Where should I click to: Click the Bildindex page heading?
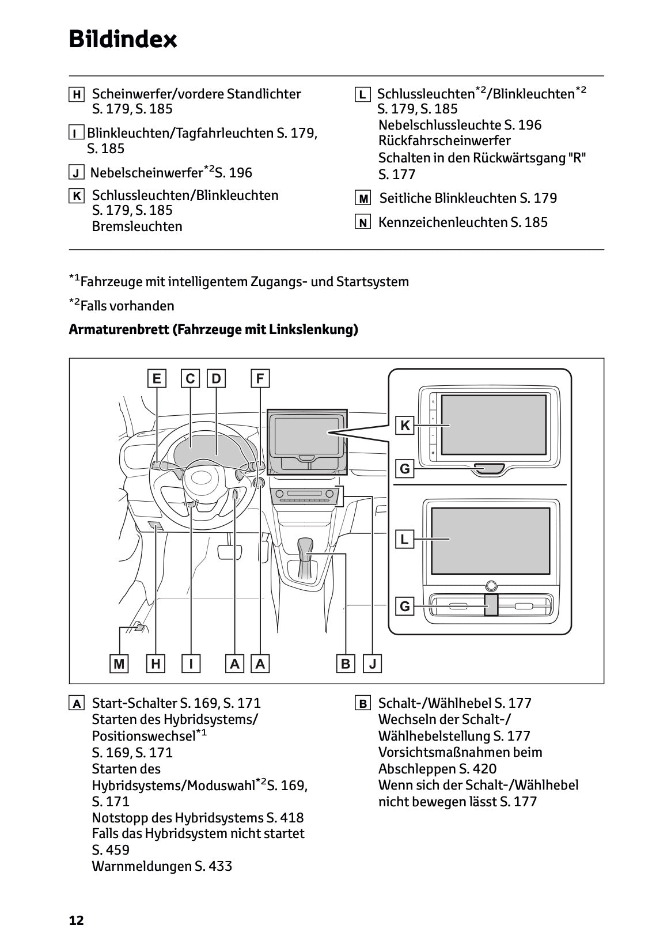(x=123, y=39)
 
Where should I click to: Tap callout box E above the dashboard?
(x=156, y=378)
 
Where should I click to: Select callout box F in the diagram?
(x=260, y=378)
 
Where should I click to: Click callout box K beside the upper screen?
(x=405, y=426)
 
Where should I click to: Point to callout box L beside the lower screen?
(x=405, y=539)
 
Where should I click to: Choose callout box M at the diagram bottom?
(x=119, y=663)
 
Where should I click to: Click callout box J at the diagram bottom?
(x=373, y=663)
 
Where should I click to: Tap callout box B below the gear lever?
(x=345, y=663)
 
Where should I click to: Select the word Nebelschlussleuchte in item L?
(x=439, y=125)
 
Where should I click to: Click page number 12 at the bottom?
(x=76, y=920)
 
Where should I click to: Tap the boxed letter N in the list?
(x=362, y=222)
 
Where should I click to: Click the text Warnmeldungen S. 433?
(x=162, y=866)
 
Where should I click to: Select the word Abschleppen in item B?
(x=416, y=769)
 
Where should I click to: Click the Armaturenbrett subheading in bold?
(x=213, y=329)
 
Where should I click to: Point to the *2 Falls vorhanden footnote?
(x=122, y=305)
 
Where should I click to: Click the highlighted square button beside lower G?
(x=491, y=605)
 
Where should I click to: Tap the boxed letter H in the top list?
(x=76, y=94)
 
